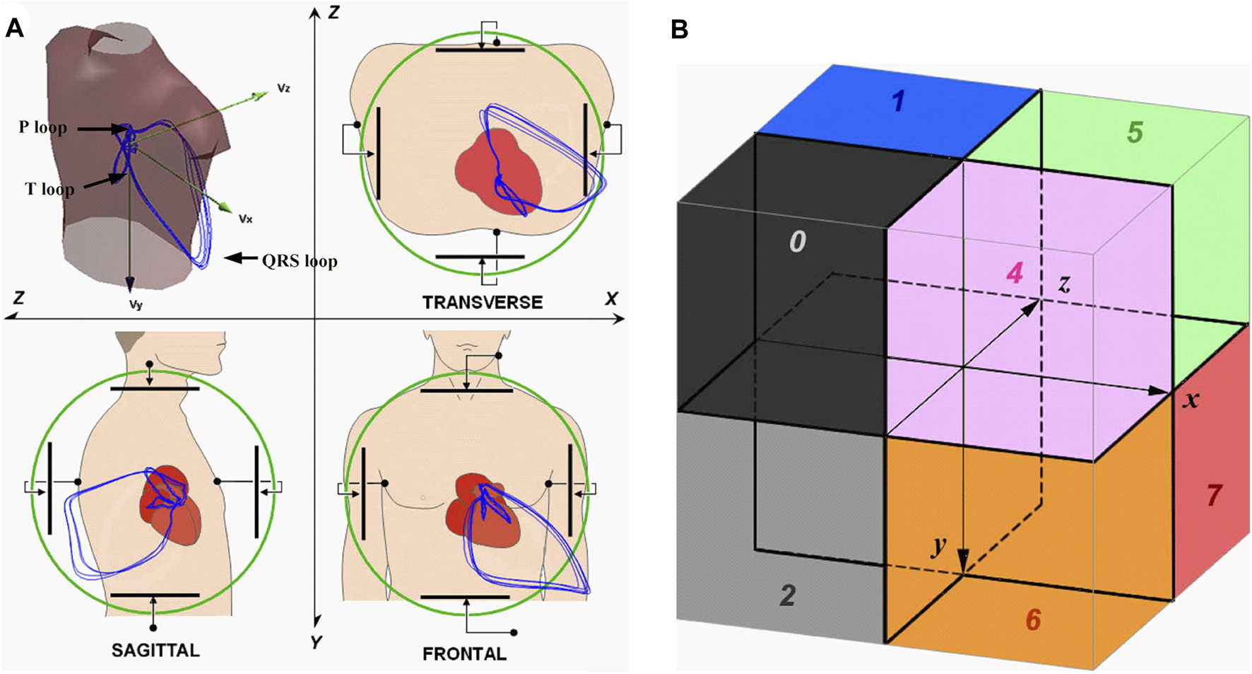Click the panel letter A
pyautogui.click(x=14, y=28)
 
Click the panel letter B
pyautogui.click(x=679, y=30)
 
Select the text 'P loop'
pyautogui.click(x=43, y=128)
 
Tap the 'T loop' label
pyautogui.click(x=49, y=189)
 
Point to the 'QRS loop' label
pyautogui.click(x=300, y=261)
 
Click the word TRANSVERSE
pyautogui.click(x=483, y=303)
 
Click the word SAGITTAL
pyautogui.click(x=155, y=651)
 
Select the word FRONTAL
pyautogui.click(x=464, y=654)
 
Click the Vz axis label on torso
pyautogui.click(x=283, y=89)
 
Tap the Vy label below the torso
pyautogui.click(x=135, y=306)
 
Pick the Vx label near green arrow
pyautogui.click(x=245, y=219)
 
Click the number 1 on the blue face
pyautogui.click(x=898, y=101)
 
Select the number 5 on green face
pyautogui.click(x=1135, y=132)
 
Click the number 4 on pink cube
pyautogui.click(x=1015, y=273)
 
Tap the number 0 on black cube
pyautogui.click(x=797, y=243)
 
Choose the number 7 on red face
pyautogui.click(x=1214, y=495)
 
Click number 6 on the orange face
pyautogui.click(x=1033, y=620)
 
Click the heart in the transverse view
pyautogui.click(x=499, y=170)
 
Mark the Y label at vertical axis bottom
pyautogui.click(x=316, y=642)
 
